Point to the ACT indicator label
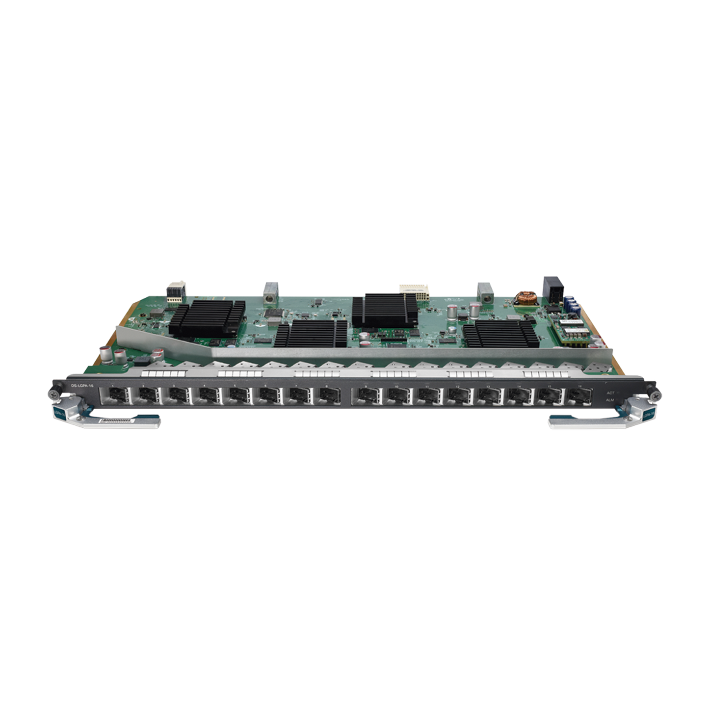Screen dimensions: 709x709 coord(610,393)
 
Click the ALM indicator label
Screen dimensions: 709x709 coord(610,401)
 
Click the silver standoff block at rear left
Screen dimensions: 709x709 coord(269,293)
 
